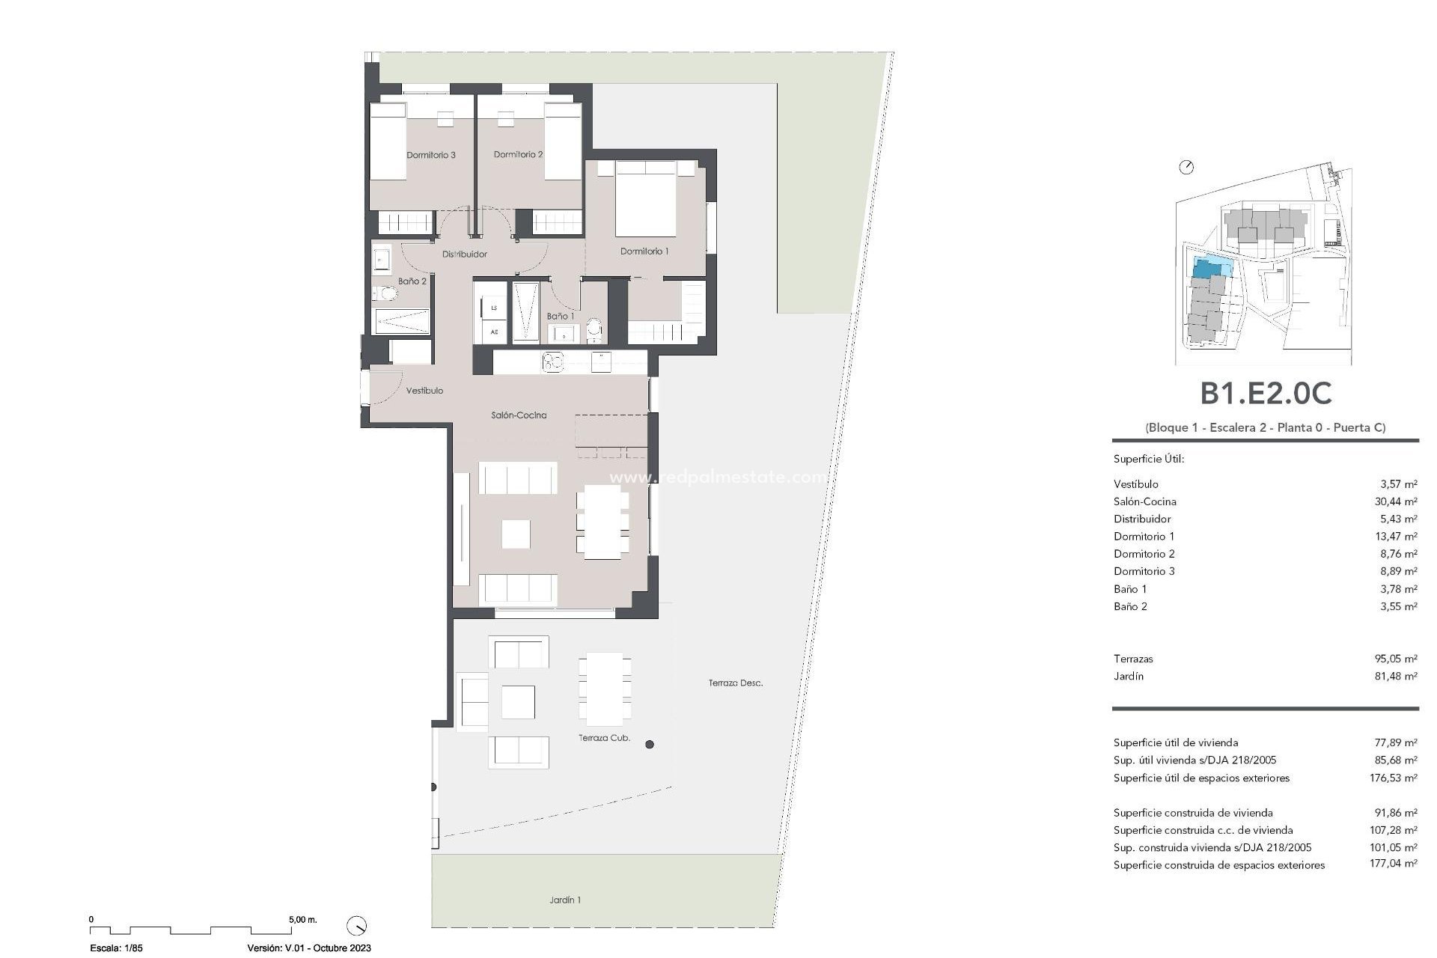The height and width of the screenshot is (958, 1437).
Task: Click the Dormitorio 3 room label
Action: tap(431, 155)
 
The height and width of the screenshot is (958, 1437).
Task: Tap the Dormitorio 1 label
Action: tap(644, 251)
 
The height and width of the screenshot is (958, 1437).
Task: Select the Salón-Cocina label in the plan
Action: tap(519, 415)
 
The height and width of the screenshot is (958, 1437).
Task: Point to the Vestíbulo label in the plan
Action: tap(424, 391)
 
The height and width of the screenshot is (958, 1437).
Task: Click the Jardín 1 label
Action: tap(564, 900)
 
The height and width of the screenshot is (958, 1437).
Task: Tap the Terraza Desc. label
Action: tap(736, 683)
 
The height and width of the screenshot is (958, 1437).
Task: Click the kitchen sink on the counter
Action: tap(552, 362)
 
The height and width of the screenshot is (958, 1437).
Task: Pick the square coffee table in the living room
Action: tap(516, 534)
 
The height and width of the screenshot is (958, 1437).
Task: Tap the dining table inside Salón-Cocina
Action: tap(603, 522)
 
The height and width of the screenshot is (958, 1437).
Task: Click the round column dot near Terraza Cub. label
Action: tap(650, 745)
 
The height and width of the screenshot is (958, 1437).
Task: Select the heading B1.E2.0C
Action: tap(1266, 394)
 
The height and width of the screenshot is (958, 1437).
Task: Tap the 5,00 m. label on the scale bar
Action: tap(302, 920)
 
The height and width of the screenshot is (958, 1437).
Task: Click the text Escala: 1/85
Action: tap(116, 948)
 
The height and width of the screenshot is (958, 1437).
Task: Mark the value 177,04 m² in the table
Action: tap(1395, 865)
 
